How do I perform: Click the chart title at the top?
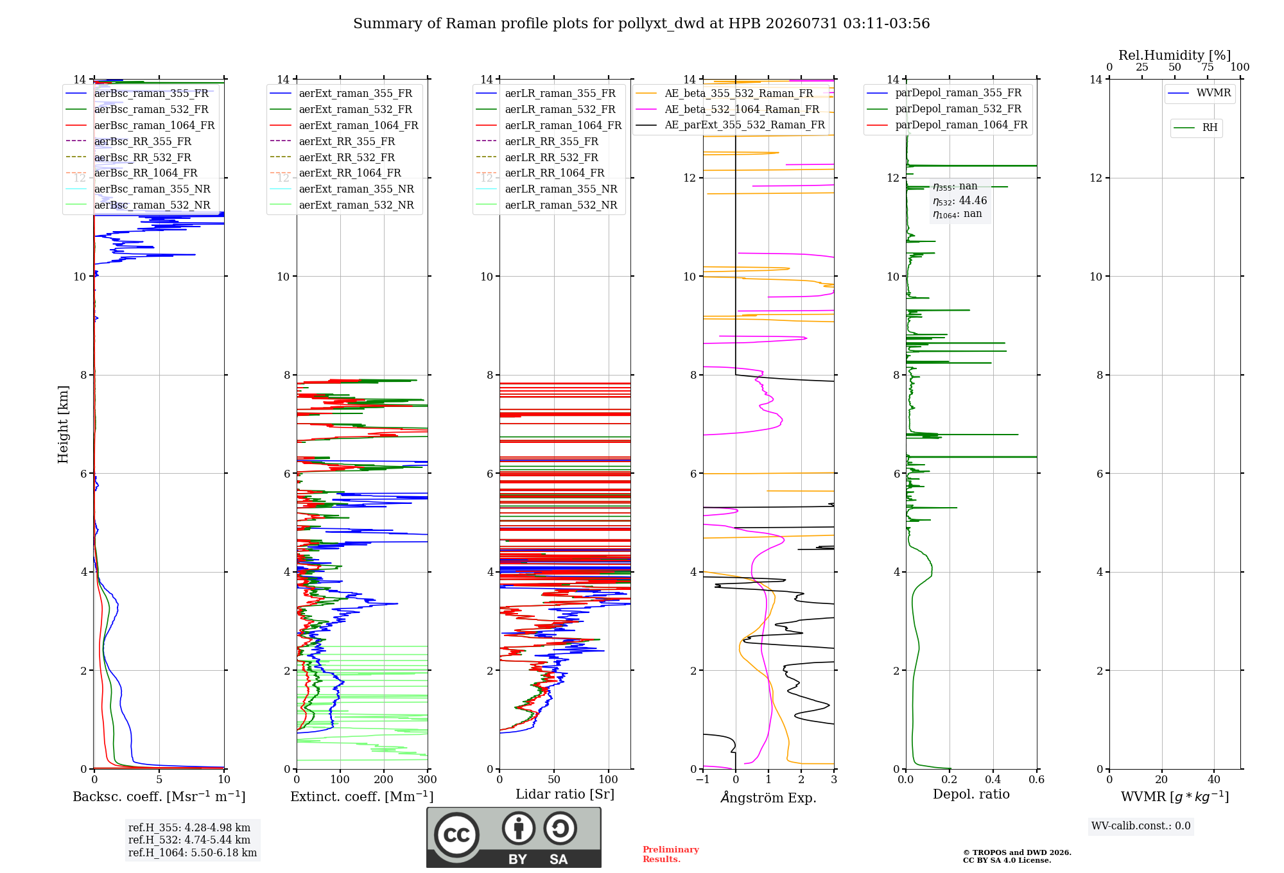pyautogui.click(x=641, y=24)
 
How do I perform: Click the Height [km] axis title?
pyautogui.click(x=63, y=424)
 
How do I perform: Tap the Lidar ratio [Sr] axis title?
pyautogui.click(x=565, y=794)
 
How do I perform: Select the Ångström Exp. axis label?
pyautogui.click(x=768, y=797)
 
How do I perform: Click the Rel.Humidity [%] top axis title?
pyautogui.click(x=1175, y=55)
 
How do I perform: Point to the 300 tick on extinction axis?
pyautogui.click(x=427, y=779)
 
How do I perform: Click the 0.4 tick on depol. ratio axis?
pyautogui.click(x=993, y=779)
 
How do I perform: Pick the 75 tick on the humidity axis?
pyautogui.click(x=1208, y=67)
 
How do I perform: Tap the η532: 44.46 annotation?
pyautogui.click(x=960, y=200)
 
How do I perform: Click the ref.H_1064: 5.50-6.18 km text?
pyautogui.click(x=193, y=852)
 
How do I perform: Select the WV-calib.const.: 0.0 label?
pyautogui.click(x=1141, y=825)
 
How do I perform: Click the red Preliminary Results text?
pyautogui.click(x=671, y=854)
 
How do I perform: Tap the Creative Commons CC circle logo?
pyautogui.click(x=456, y=834)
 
